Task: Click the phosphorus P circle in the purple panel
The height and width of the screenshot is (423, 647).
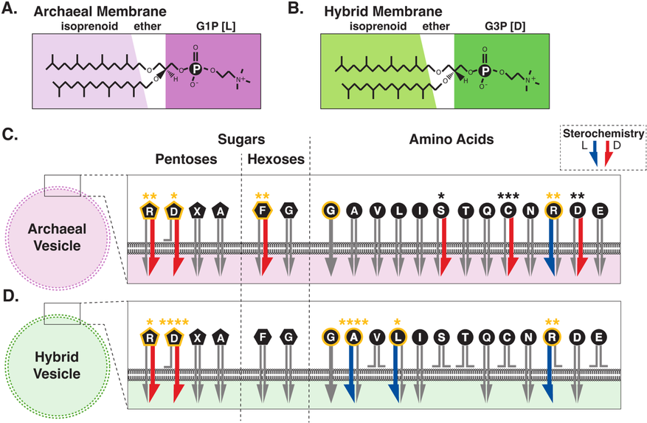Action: (195, 69)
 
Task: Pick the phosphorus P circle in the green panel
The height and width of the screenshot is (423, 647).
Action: (484, 69)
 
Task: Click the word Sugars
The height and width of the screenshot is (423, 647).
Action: (241, 139)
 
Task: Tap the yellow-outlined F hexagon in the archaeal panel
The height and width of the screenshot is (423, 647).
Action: (262, 212)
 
